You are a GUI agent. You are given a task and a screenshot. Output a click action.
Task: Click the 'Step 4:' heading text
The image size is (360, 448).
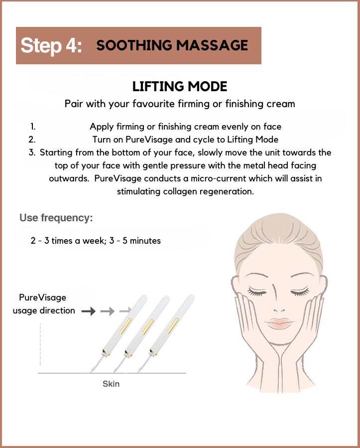(x=51, y=45)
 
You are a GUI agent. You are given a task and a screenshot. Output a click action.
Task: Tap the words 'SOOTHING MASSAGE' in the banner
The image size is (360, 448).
(x=172, y=45)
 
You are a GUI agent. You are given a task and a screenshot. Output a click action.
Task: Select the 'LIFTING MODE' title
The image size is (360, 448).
(x=180, y=86)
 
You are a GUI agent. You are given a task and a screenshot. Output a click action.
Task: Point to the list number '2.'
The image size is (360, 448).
(x=32, y=140)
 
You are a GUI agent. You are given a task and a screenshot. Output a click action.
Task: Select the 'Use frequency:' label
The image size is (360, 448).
(x=56, y=218)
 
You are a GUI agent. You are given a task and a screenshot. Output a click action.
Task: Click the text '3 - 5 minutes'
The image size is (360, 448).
(x=135, y=241)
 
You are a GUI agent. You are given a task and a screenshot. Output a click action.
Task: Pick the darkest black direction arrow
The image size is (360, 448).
(x=89, y=311)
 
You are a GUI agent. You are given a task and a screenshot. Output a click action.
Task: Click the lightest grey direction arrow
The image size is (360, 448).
(x=125, y=310)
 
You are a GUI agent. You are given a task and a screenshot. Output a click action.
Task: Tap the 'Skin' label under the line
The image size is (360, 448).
(x=111, y=384)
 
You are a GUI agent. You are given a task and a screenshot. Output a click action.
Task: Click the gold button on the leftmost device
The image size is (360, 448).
(x=125, y=326)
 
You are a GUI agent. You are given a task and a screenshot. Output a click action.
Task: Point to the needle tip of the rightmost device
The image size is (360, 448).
(x=138, y=372)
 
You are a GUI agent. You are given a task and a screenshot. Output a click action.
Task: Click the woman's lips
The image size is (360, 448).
(x=279, y=323)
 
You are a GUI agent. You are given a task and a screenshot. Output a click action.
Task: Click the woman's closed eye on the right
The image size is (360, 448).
(x=300, y=291)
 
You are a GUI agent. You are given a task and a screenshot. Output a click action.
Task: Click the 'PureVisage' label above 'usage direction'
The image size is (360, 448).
(x=42, y=298)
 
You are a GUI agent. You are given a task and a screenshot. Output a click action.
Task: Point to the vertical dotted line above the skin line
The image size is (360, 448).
(x=40, y=344)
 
